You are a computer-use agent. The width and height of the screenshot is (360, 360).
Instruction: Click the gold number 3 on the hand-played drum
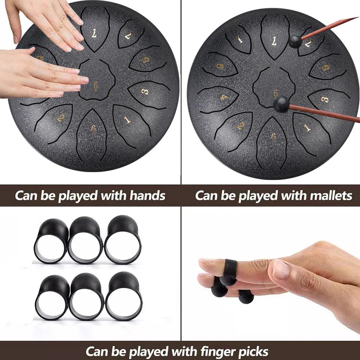pyautogui.click(x=144, y=91)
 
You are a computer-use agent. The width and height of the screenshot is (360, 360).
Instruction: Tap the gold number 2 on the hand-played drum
pyautogui.click(x=60, y=118)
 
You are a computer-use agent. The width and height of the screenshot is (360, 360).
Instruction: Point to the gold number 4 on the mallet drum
pyautogui.click(x=224, y=97)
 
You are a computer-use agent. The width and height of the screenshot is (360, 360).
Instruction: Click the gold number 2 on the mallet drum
pyautogui.click(x=240, y=125)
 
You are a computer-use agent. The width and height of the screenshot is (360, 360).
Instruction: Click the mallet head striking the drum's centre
pyautogui.click(x=281, y=105)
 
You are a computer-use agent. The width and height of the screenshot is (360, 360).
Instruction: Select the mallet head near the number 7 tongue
pyautogui.click(x=295, y=41)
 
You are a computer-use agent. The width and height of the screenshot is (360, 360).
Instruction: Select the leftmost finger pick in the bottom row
pyautogui.click(x=51, y=296)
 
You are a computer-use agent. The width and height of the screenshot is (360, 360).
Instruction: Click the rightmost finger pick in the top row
pyautogui.click(x=123, y=239)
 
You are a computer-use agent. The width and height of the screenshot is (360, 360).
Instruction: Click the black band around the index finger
pyautogui.click(x=230, y=268)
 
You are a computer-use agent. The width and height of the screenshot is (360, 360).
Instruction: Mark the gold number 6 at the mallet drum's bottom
pyautogui.click(x=273, y=137)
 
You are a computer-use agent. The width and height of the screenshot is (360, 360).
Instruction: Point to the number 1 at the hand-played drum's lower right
pyautogui.click(x=127, y=120)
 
